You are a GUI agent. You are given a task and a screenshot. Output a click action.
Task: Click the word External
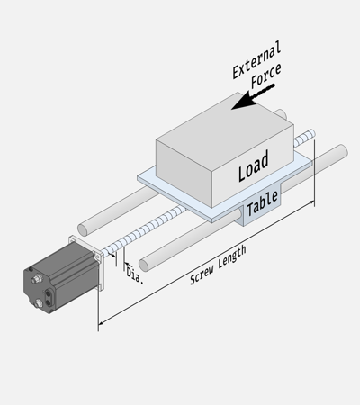click(x=256, y=60)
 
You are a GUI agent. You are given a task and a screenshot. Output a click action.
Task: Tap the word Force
click(x=266, y=76)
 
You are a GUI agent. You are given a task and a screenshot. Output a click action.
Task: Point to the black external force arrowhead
click(x=245, y=101)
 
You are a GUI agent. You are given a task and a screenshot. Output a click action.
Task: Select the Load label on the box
click(x=254, y=166)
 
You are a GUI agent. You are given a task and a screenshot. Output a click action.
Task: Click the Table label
click(x=262, y=203)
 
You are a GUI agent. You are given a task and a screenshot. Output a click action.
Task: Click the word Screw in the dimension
click(x=202, y=274)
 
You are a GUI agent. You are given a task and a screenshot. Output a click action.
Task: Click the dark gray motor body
click(x=61, y=277)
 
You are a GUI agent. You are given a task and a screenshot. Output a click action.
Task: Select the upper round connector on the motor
click(x=36, y=279)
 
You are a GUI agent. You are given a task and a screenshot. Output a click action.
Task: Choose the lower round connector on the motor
click(x=39, y=303)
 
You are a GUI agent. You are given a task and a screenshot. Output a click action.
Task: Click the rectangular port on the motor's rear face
click(x=48, y=296)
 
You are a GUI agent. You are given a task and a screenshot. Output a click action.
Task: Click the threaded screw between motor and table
click(x=143, y=231)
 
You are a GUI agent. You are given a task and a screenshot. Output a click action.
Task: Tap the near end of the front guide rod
click(x=144, y=265)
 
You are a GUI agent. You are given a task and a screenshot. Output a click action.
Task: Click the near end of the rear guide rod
click(x=83, y=229)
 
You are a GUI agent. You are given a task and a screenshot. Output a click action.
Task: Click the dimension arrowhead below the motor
click(x=102, y=323)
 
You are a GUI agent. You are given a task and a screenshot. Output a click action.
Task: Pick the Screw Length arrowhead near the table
click(x=310, y=203)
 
